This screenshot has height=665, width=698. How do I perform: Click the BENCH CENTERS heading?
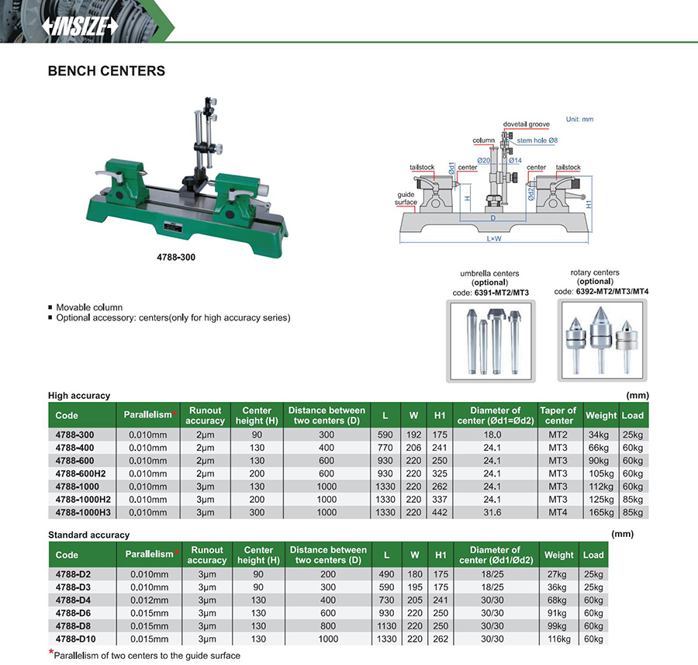point(106,71)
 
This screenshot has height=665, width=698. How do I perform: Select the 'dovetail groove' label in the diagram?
point(526,124)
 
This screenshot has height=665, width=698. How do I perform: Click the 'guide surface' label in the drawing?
point(407,199)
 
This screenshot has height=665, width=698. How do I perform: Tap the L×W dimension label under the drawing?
point(494,239)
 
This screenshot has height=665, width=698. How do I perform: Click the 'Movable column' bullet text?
point(89,307)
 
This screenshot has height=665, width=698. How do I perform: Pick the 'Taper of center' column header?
point(558,415)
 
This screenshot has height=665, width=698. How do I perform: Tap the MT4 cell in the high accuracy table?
point(558,512)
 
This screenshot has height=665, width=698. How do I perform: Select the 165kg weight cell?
point(601,512)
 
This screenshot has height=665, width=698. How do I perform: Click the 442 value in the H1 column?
point(440,512)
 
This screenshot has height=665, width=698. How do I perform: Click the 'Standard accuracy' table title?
point(88,535)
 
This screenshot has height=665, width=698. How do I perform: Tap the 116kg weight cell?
point(558,639)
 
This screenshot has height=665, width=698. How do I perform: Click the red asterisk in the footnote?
point(51,653)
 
